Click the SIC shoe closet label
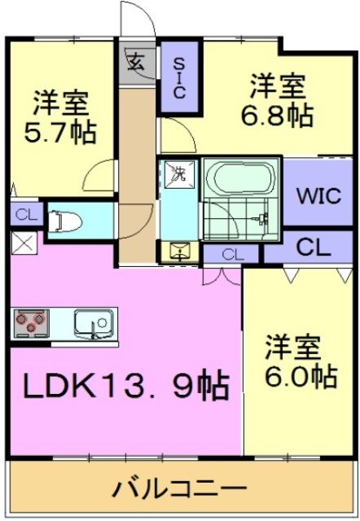(179, 78)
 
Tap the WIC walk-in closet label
(318, 196)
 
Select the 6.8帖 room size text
(277, 116)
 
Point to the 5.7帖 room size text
(60, 132)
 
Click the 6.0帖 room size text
(301, 376)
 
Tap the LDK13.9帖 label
(125, 387)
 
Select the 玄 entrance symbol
(137, 62)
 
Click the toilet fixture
(65, 221)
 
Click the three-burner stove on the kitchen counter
(31, 322)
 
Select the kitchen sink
(94, 324)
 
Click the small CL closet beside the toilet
(27, 215)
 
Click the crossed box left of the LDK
(24, 243)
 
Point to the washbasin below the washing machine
(179, 252)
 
